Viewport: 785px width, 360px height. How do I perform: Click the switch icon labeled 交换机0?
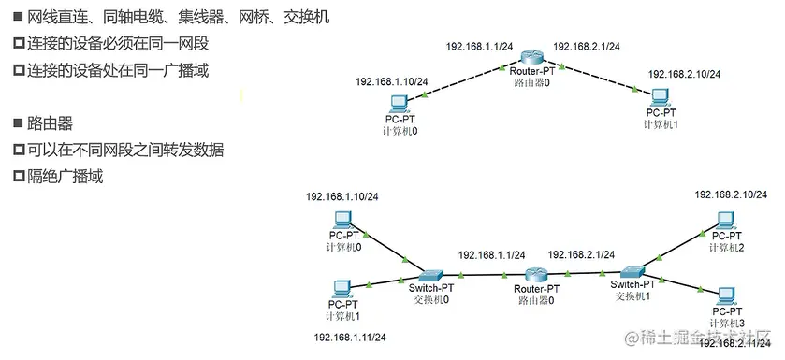431,275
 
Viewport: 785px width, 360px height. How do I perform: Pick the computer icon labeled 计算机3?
725,295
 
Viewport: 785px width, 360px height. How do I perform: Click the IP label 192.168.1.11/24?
350,336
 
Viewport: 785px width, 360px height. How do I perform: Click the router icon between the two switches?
536,276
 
